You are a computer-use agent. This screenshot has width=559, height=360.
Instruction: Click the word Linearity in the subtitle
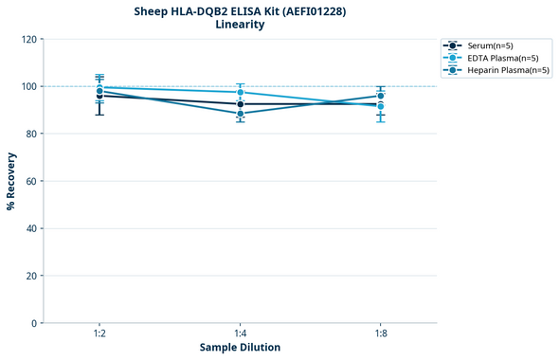coord(240,25)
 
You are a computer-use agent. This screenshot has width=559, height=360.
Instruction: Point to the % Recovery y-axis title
coord(11,181)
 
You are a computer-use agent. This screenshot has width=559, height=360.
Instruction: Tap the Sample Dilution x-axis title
coord(240,347)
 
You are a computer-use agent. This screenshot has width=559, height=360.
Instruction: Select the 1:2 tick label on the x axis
coord(99,333)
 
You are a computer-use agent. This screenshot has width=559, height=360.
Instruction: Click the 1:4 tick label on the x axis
coord(240,333)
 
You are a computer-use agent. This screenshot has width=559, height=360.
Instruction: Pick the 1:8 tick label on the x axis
coord(380,333)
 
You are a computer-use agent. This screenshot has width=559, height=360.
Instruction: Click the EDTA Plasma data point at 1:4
coord(240,93)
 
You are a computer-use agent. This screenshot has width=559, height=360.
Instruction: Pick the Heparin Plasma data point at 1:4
coord(240,114)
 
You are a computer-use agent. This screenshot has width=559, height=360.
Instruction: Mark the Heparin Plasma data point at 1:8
coord(380,96)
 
